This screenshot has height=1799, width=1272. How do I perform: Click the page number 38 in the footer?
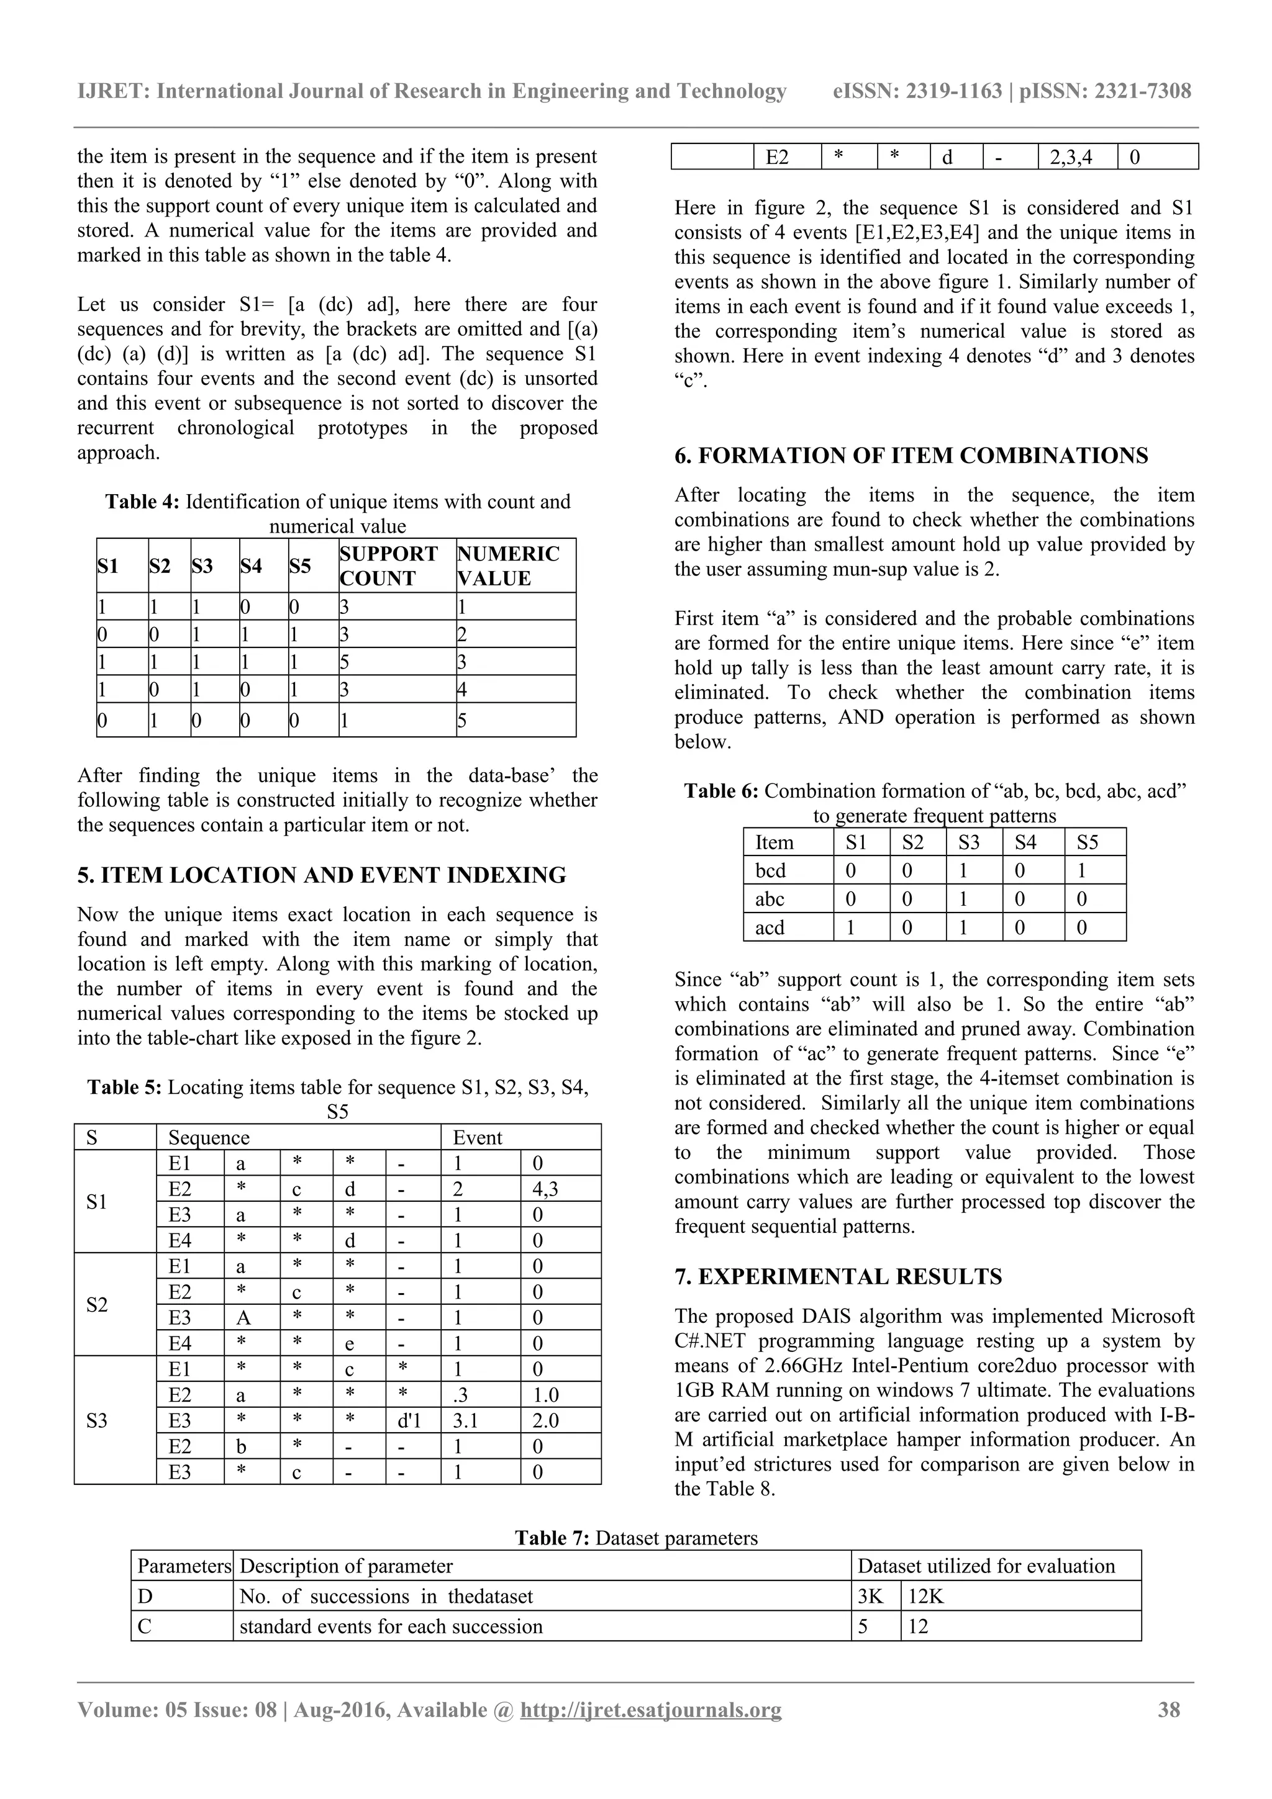[x=1168, y=1709]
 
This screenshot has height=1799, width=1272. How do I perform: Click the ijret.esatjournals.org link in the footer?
[x=650, y=1709]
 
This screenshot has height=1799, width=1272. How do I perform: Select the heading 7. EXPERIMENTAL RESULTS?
[x=838, y=1276]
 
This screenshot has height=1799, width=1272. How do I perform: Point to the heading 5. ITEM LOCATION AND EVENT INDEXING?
[x=321, y=875]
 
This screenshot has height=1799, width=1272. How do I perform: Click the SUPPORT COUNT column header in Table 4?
[x=388, y=566]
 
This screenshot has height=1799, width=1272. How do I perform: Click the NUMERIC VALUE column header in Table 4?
[x=508, y=566]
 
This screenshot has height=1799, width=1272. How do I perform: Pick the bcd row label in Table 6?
[x=770, y=870]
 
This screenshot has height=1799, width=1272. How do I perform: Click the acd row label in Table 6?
[x=770, y=927]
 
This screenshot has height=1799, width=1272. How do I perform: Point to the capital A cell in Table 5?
[x=243, y=1318]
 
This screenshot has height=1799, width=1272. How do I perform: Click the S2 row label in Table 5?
[x=97, y=1305]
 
